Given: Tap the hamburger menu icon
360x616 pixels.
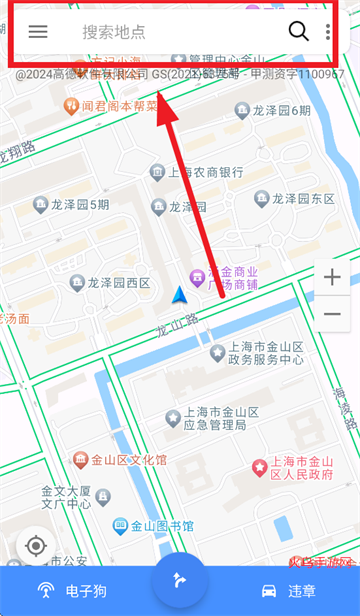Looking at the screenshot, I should [x=38, y=31].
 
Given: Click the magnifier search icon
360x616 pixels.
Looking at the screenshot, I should [x=298, y=31].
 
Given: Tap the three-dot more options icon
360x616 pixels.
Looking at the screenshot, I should [x=328, y=31].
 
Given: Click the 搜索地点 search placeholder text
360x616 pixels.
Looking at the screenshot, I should [x=114, y=32].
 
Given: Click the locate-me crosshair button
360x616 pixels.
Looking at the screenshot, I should [x=36, y=545].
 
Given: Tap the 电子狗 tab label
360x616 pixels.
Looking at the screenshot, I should [x=84, y=591].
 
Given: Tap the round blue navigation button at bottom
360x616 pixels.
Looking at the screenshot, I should [x=180, y=579].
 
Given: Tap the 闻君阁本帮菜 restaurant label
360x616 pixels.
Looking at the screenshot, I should [x=120, y=106].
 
